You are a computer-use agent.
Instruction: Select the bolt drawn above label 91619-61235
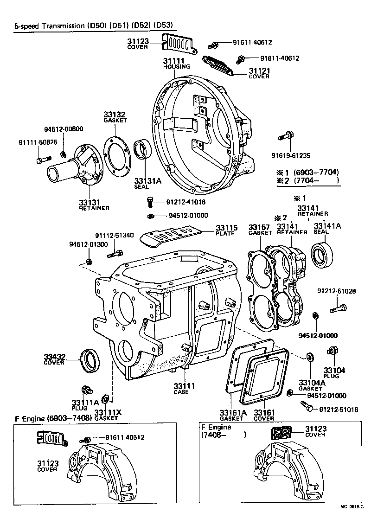pos(285,136)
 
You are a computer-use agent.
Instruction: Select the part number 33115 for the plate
pos(226,228)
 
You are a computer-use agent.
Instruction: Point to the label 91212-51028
pos(337,291)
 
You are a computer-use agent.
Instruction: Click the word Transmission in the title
pos(58,26)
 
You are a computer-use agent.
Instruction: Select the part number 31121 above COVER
pos(259,70)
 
